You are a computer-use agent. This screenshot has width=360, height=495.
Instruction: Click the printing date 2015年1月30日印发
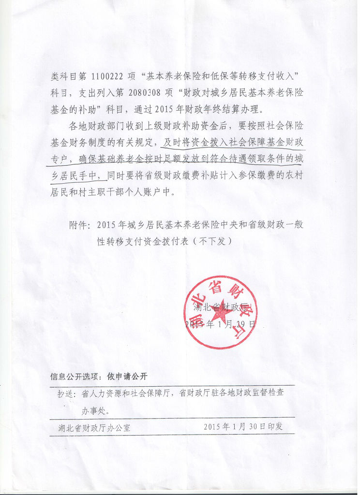[x=242, y=427]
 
